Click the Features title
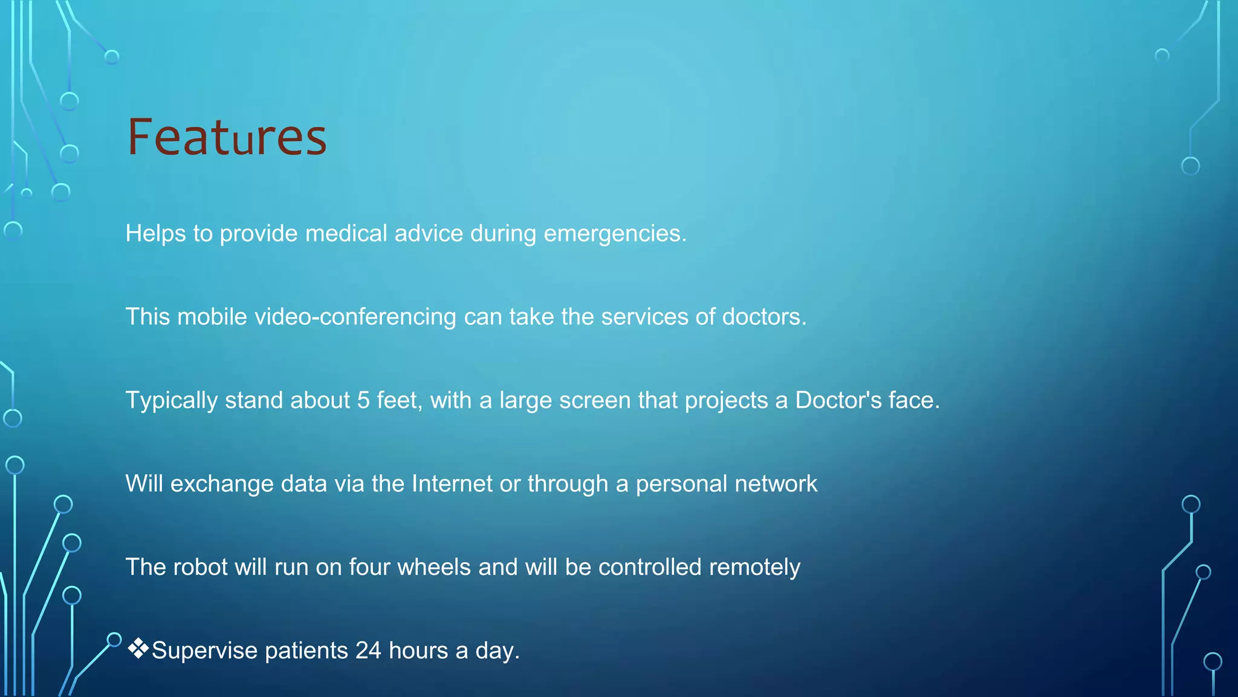point(227,137)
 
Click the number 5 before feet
point(363,401)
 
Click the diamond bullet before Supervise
point(138,649)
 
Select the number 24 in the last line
point(368,651)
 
